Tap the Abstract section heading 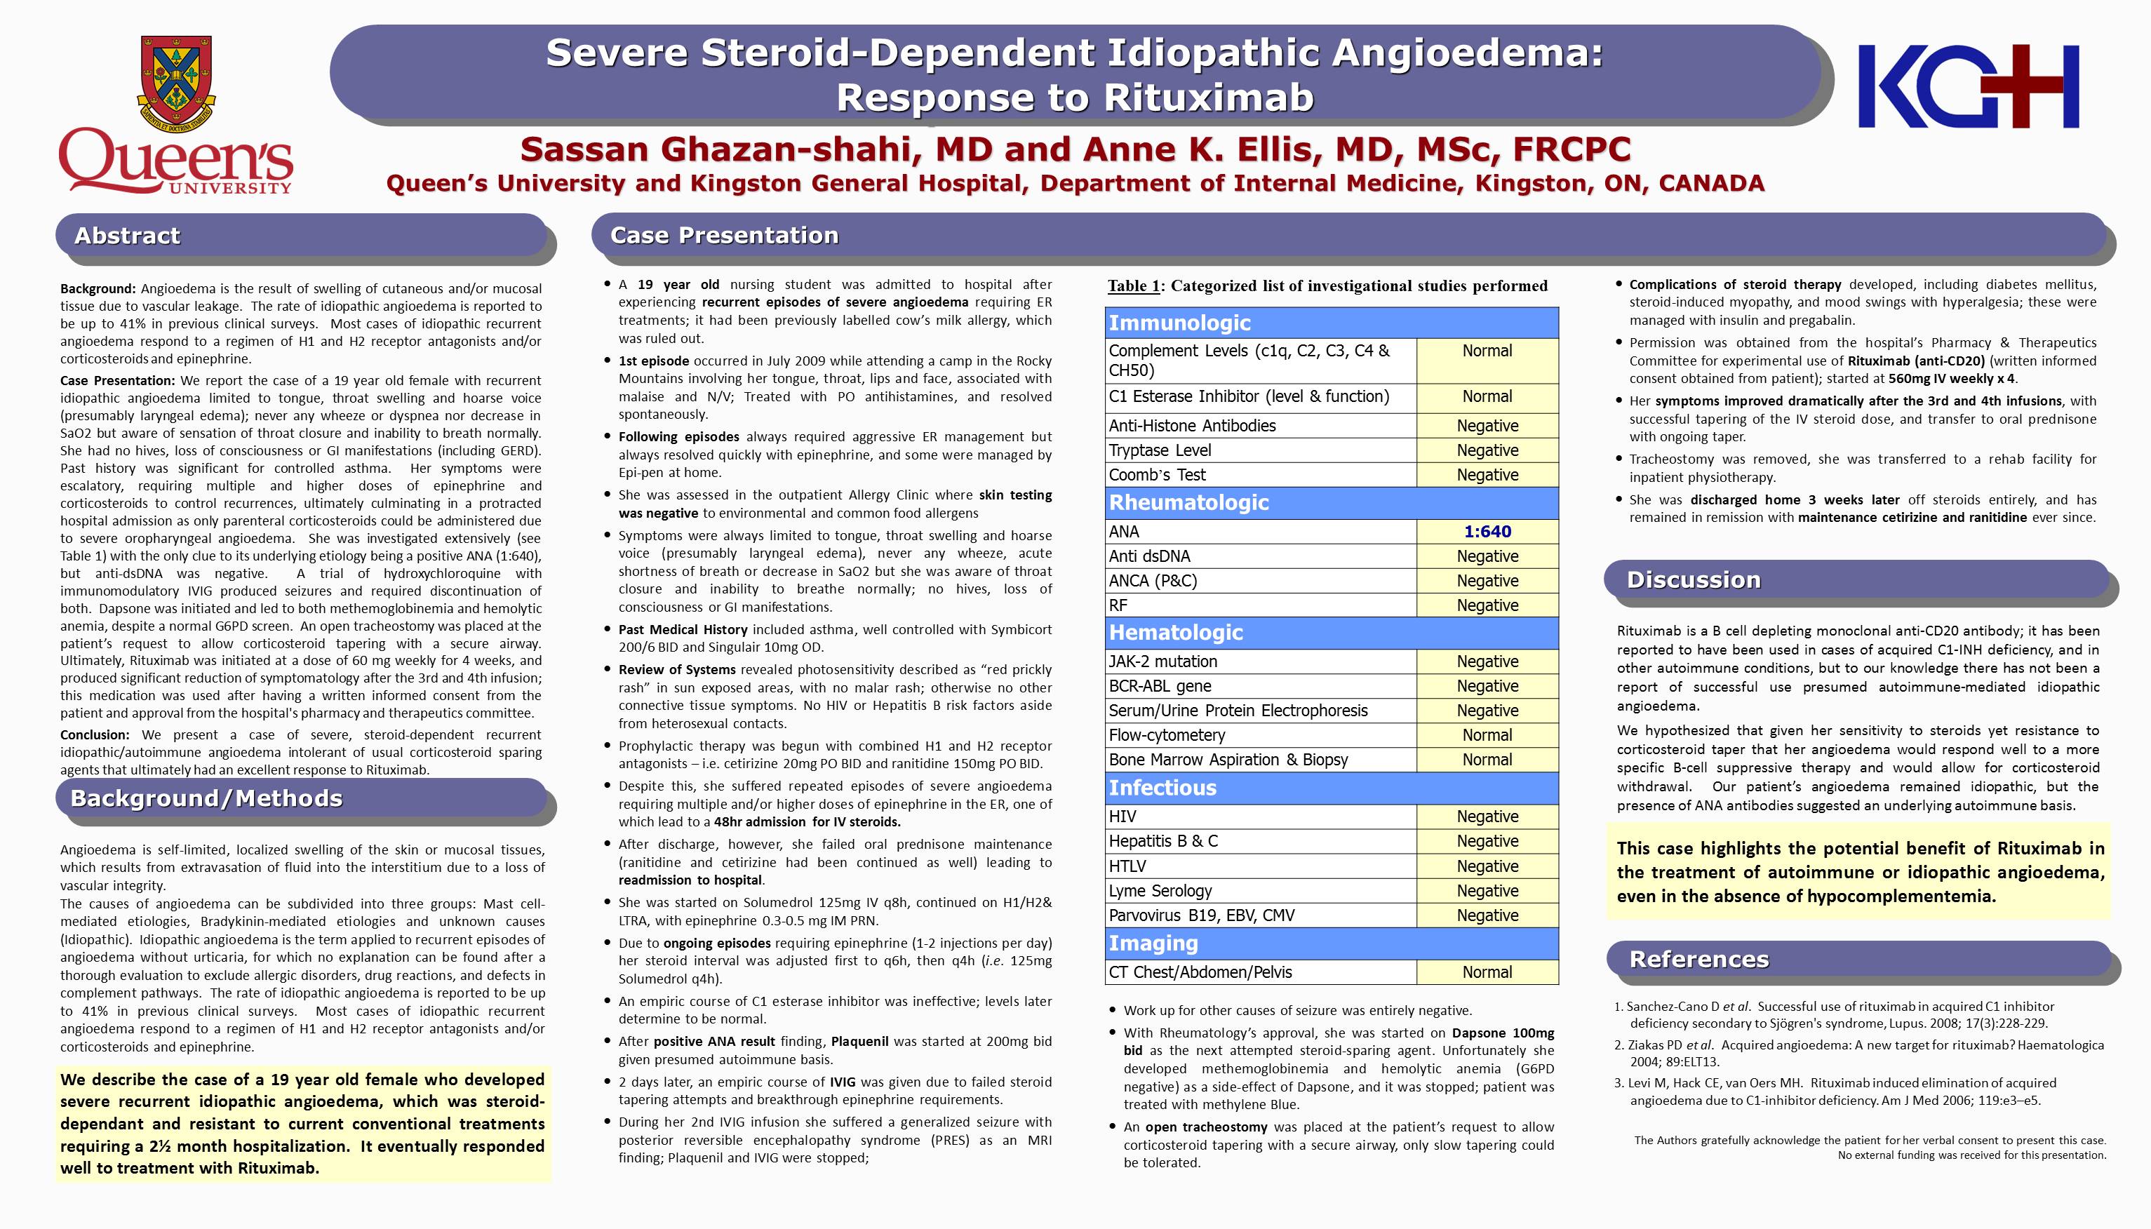coord(128,236)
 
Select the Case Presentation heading coord(724,236)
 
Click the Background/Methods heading coord(207,798)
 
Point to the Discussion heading coord(1694,580)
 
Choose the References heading coord(1698,960)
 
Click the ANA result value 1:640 coord(1487,532)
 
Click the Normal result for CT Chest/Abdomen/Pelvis coord(1487,972)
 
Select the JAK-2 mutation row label coord(1162,661)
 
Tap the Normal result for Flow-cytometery coord(1487,735)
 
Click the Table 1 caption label coord(1133,286)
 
